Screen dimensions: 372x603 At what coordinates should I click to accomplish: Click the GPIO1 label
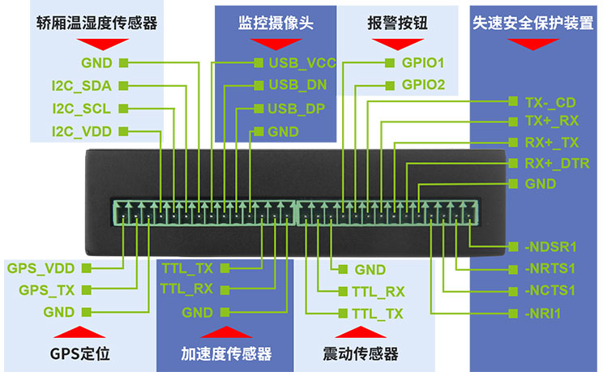(x=423, y=62)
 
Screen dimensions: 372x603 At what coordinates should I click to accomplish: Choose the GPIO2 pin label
(x=423, y=84)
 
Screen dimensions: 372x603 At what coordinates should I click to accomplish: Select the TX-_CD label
(x=550, y=102)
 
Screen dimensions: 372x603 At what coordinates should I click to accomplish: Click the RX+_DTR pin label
(x=557, y=163)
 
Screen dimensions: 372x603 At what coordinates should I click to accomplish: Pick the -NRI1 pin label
(x=543, y=313)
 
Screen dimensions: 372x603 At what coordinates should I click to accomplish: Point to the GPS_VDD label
(x=41, y=267)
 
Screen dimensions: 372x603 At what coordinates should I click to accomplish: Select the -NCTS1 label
(x=550, y=290)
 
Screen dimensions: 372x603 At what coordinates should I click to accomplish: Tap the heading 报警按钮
(x=396, y=24)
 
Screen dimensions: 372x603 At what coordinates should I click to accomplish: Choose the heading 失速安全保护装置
(x=532, y=24)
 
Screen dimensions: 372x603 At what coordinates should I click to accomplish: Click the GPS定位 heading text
(x=79, y=353)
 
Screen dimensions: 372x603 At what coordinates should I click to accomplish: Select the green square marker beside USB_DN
(x=259, y=85)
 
